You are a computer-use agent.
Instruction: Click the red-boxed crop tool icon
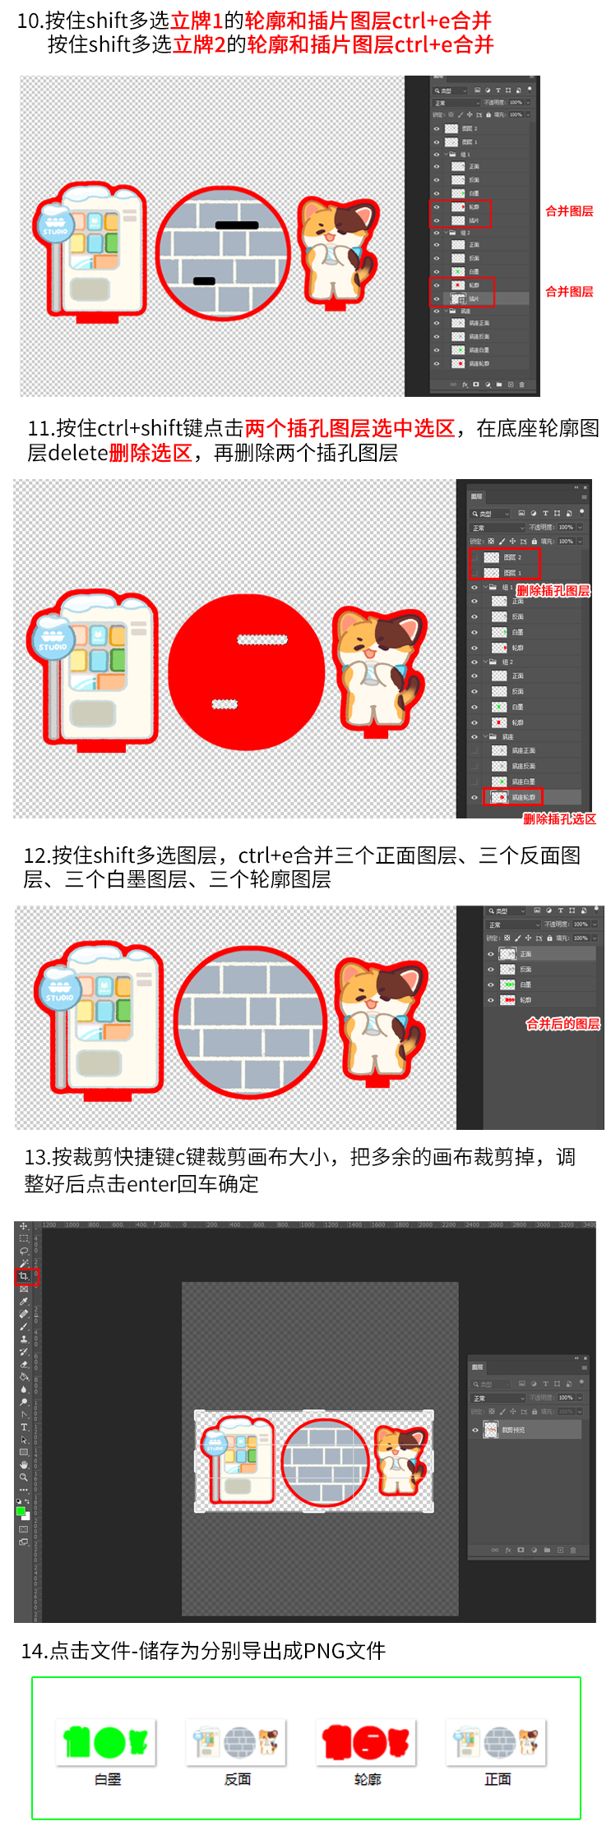24,1276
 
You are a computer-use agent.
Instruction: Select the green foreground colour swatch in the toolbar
21,1511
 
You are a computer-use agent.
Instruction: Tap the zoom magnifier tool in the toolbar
24,1477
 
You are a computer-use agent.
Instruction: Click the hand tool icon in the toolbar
24,1464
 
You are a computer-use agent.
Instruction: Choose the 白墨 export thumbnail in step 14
106,1741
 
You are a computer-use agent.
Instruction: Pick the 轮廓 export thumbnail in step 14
366,1741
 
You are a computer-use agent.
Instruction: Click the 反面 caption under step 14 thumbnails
238,1779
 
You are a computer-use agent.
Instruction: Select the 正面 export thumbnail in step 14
496,1741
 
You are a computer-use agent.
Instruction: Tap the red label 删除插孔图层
553,591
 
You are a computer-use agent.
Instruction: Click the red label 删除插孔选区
559,818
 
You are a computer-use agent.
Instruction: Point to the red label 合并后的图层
563,1024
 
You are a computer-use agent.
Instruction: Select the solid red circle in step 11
247,672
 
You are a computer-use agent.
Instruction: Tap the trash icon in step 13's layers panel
573,1550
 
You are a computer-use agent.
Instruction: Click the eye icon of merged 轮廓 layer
491,1000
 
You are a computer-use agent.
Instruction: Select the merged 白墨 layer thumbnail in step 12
508,984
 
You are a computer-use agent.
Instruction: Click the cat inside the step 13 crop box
401,1460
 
